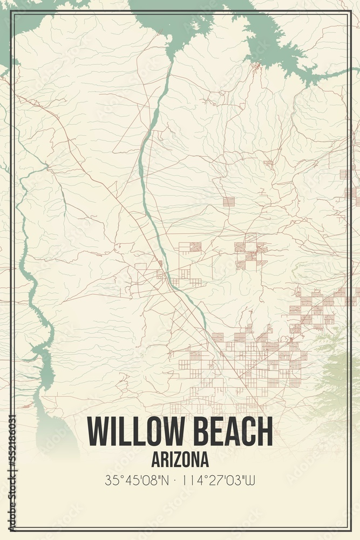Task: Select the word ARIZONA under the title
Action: (180, 460)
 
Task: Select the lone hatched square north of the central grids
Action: (229, 202)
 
